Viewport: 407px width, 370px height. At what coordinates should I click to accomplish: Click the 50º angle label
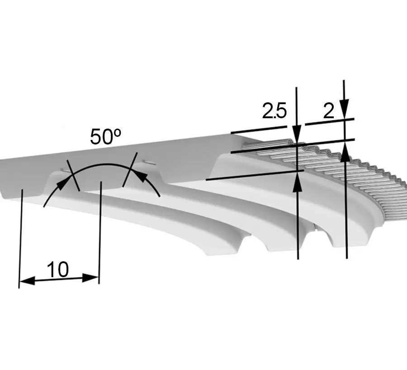click(105, 136)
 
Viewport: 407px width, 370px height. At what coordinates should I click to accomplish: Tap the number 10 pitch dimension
click(58, 269)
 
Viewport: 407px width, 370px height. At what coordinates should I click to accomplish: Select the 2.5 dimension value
click(274, 111)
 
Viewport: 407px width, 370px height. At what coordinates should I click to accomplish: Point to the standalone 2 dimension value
click(329, 111)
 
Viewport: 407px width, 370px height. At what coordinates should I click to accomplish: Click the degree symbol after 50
click(117, 133)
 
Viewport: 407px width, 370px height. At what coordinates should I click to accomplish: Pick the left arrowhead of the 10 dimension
click(27, 281)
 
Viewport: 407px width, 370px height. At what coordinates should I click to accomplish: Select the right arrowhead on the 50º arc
click(141, 176)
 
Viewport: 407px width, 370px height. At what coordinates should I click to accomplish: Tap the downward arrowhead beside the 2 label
click(345, 109)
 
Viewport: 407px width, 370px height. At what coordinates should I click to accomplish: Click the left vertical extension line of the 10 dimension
click(20, 239)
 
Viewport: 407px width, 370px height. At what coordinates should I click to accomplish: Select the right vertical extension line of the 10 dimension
click(100, 233)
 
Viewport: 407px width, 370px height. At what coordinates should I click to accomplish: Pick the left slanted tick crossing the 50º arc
click(73, 175)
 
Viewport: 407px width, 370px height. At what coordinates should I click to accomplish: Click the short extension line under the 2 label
click(330, 122)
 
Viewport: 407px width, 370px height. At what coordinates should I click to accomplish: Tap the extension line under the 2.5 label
click(259, 130)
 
